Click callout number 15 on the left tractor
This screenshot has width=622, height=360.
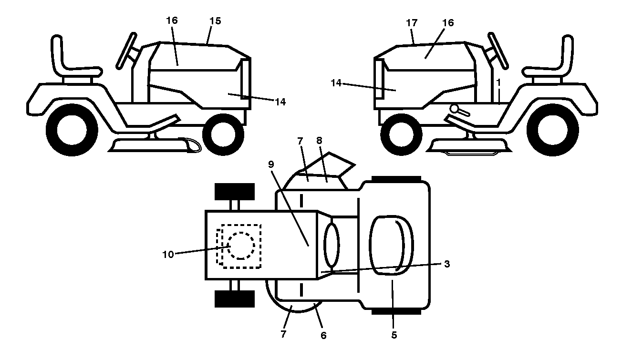215,21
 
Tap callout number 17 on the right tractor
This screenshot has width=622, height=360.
412,23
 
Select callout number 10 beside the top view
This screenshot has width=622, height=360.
168,254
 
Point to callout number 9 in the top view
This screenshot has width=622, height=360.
271,165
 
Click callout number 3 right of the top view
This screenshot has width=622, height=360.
447,264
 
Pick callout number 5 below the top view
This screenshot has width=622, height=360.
394,335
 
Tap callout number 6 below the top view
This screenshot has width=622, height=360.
323,335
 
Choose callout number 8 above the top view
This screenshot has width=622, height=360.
319,141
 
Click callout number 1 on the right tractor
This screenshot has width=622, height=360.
499,82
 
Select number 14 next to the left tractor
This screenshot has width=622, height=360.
280,102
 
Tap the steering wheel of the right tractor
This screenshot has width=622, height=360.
498,51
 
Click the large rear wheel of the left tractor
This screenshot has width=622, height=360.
72,130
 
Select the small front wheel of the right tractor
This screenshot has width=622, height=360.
401,134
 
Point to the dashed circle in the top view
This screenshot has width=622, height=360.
241,246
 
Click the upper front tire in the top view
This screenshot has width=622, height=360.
235,192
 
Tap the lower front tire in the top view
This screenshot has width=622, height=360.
235,299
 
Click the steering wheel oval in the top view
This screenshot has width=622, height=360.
332,245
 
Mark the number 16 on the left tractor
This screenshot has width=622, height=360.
172,20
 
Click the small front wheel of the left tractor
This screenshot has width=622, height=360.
223,134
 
